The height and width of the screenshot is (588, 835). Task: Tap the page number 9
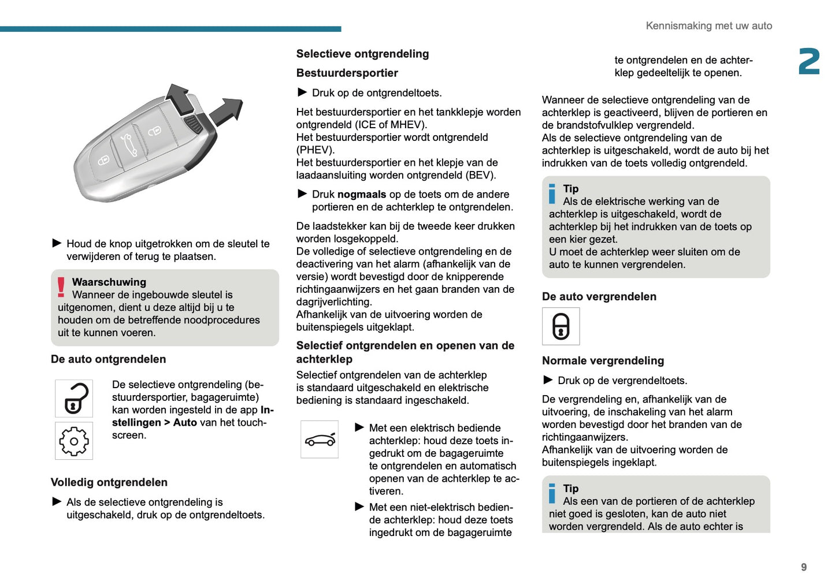click(x=803, y=567)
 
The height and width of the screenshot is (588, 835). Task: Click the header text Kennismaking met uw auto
click(x=708, y=26)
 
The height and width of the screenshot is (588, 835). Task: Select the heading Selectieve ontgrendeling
click(x=362, y=54)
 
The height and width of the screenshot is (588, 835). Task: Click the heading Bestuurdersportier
click(x=347, y=73)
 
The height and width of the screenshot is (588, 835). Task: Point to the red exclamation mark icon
click(x=61, y=287)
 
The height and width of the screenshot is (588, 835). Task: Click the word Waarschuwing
click(x=109, y=282)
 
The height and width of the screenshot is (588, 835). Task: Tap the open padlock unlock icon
click(x=74, y=399)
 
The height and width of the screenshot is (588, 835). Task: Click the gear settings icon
click(x=74, y=441)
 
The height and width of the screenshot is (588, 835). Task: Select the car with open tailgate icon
click(x=320, y=440)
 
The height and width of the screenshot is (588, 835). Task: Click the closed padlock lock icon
click(x=561, y=326)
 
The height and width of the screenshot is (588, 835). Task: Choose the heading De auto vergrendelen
click(x=599, y=296)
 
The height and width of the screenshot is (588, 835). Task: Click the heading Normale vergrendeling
click(x=603, y=360)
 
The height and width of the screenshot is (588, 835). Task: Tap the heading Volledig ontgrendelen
click(x=109, y=482)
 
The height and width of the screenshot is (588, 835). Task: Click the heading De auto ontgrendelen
click(x=108, y=359)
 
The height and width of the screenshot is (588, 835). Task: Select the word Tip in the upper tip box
click(x=570, y=189)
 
